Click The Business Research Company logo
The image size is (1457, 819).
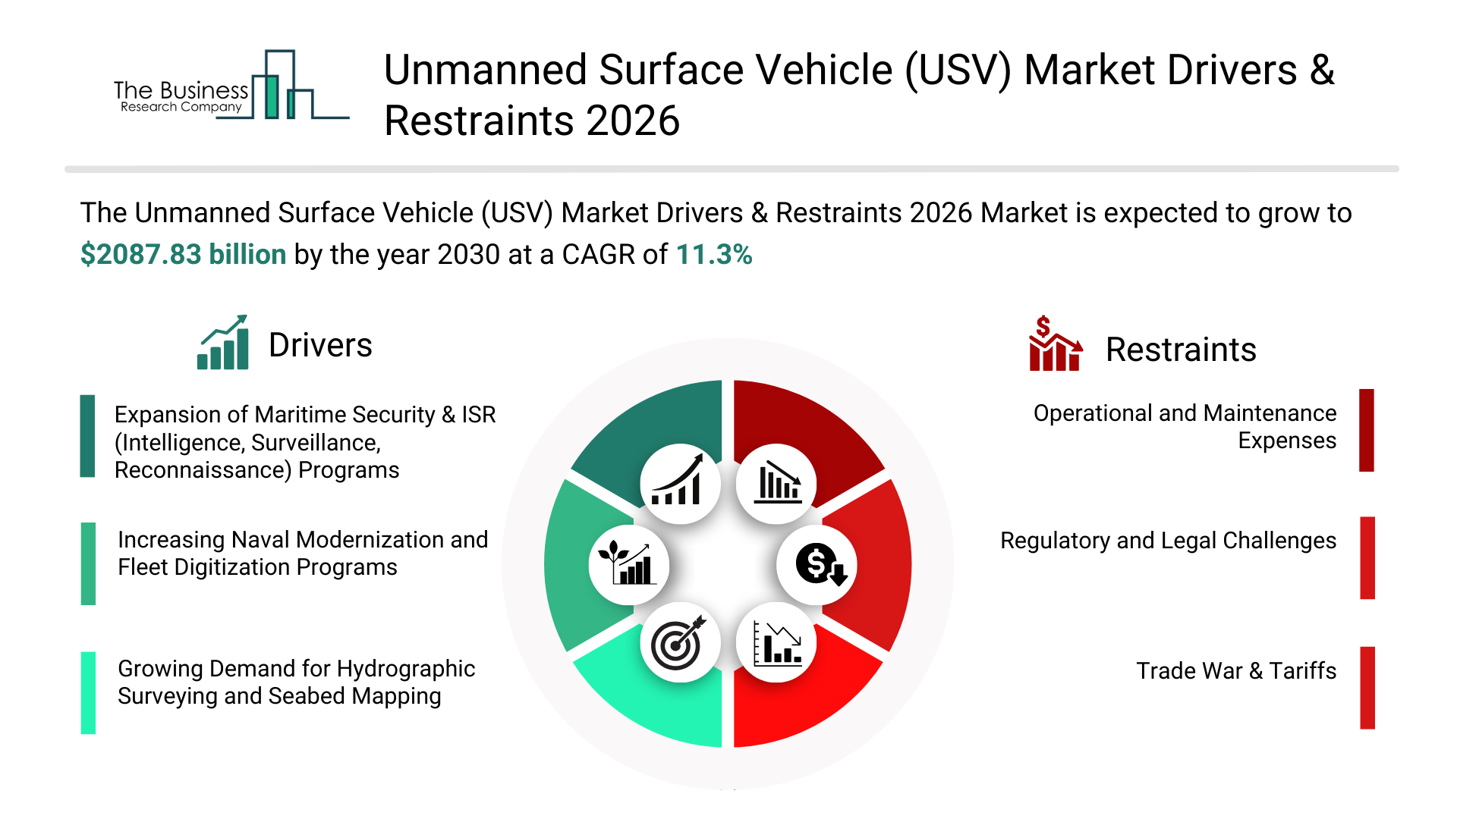(x=230, y=86)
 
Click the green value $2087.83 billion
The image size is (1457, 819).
(x=183, y=255)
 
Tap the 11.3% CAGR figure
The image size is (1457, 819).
(x=713, y=255)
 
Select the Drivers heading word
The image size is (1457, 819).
(x=320, y=346)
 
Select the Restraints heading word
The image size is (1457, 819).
(x=1180, y=350)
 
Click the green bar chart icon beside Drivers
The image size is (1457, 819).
(x=223, y=343)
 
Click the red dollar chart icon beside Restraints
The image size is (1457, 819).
(x=1054, y=344)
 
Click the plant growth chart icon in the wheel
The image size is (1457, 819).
(x=628, y=565)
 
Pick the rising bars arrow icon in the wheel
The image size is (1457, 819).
(x=680, y=484)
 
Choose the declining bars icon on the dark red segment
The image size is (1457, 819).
(x=776, y=484)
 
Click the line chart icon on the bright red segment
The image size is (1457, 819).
(x=776, y=643)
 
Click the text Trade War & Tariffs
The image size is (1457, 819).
(x=1235, y=671)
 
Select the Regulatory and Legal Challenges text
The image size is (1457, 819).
(x=1168, y=541)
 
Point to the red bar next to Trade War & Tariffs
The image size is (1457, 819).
(x=1367, y=688)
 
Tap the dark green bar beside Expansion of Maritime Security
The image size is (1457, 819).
(x=88, y=436)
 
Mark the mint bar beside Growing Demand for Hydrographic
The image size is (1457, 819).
(x=88, y=692)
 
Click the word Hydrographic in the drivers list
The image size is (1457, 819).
(x=406, y=669)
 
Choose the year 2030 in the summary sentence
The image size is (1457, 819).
(x=468, y=255)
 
